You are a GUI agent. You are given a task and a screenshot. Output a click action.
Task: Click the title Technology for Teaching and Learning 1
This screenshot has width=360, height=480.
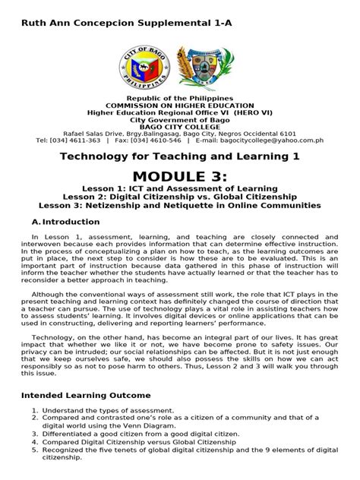[180, 156]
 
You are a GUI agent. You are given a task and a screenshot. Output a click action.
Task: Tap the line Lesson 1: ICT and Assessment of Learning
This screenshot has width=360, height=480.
[180, 188]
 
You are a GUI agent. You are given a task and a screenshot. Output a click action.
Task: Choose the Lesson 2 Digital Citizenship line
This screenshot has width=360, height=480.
[180, 197]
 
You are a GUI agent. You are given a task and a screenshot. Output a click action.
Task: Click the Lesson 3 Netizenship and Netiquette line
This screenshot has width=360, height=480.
[180, 206]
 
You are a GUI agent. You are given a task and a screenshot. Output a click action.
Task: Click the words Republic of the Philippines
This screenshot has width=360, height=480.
[180, 99]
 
